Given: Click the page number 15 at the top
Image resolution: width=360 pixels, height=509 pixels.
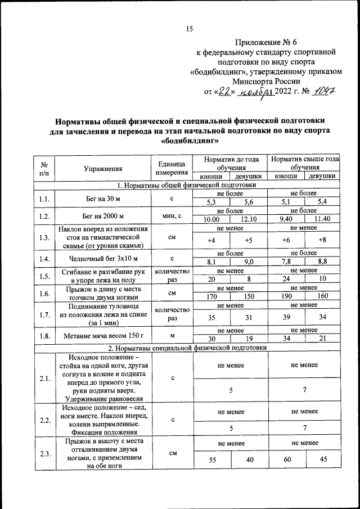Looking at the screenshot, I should pyautogui.click(x=190, y=30).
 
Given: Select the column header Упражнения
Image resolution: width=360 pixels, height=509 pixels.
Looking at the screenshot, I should pyautogui.click(x=103, y=168).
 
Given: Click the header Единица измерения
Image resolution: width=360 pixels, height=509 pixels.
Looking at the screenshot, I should pyautogui.click(x=172, y=168).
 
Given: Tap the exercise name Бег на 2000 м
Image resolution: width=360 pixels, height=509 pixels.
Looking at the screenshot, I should pyautogui.click(x=103, y=216).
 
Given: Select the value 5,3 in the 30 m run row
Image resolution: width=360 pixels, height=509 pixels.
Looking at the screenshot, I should pyautogui.click(x=211, y=202).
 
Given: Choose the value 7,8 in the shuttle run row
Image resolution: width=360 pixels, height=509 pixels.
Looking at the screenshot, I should pyautogui.click(x=286, y=262).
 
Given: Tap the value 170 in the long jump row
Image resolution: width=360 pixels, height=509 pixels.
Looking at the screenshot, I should pyautogui.click(x=211, y=296).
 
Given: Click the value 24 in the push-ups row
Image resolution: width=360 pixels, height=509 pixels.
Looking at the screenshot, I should pyautogui.click(x=286, y=279).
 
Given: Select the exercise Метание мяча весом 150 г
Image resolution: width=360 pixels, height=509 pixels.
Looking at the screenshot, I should pyautogui.click(x=103, y=335).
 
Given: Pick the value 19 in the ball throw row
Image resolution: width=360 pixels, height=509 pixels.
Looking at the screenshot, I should pyautogui.click(x=249, y=339).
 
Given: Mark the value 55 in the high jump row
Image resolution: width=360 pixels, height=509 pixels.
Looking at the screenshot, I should pyautogui.click(x=211, y=460).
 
